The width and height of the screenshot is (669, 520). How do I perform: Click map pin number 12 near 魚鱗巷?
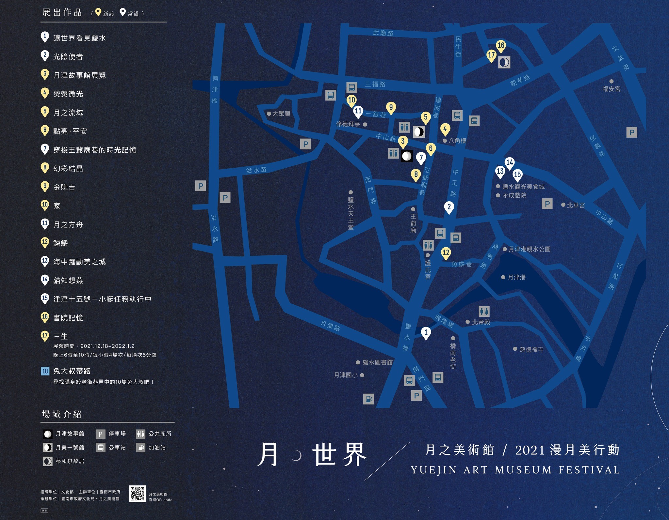(446, 253)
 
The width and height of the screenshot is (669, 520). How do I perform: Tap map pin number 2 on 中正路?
(449, 207)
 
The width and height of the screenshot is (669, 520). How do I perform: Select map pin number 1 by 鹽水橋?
(426, 333)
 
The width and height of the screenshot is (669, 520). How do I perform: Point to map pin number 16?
(501, 46)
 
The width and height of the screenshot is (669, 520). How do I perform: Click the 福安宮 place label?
(611, 88)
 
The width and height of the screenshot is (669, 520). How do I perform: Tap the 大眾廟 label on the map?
(281, 114)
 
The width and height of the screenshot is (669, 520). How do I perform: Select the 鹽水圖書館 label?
(377, 362)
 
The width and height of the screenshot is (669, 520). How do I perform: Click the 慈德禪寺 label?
(531, 350)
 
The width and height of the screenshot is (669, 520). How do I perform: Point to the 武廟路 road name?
(383, 33)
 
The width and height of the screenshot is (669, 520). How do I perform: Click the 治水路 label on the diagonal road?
(256, 170)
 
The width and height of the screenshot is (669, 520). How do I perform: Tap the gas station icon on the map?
(368, 399)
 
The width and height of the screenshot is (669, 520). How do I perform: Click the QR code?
(137, 494)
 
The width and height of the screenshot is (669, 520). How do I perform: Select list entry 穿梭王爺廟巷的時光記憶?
(94, 150)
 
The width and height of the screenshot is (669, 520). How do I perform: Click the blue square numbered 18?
(45, 371)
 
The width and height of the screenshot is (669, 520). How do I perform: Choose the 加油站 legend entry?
(157, 448)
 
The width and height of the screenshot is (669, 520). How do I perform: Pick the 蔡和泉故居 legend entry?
(70, 461)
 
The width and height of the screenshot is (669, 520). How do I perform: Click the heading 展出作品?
(62, 13)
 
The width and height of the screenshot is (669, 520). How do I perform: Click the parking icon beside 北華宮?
(547, 204)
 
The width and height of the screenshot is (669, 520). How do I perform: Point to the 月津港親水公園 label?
(529, 249)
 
